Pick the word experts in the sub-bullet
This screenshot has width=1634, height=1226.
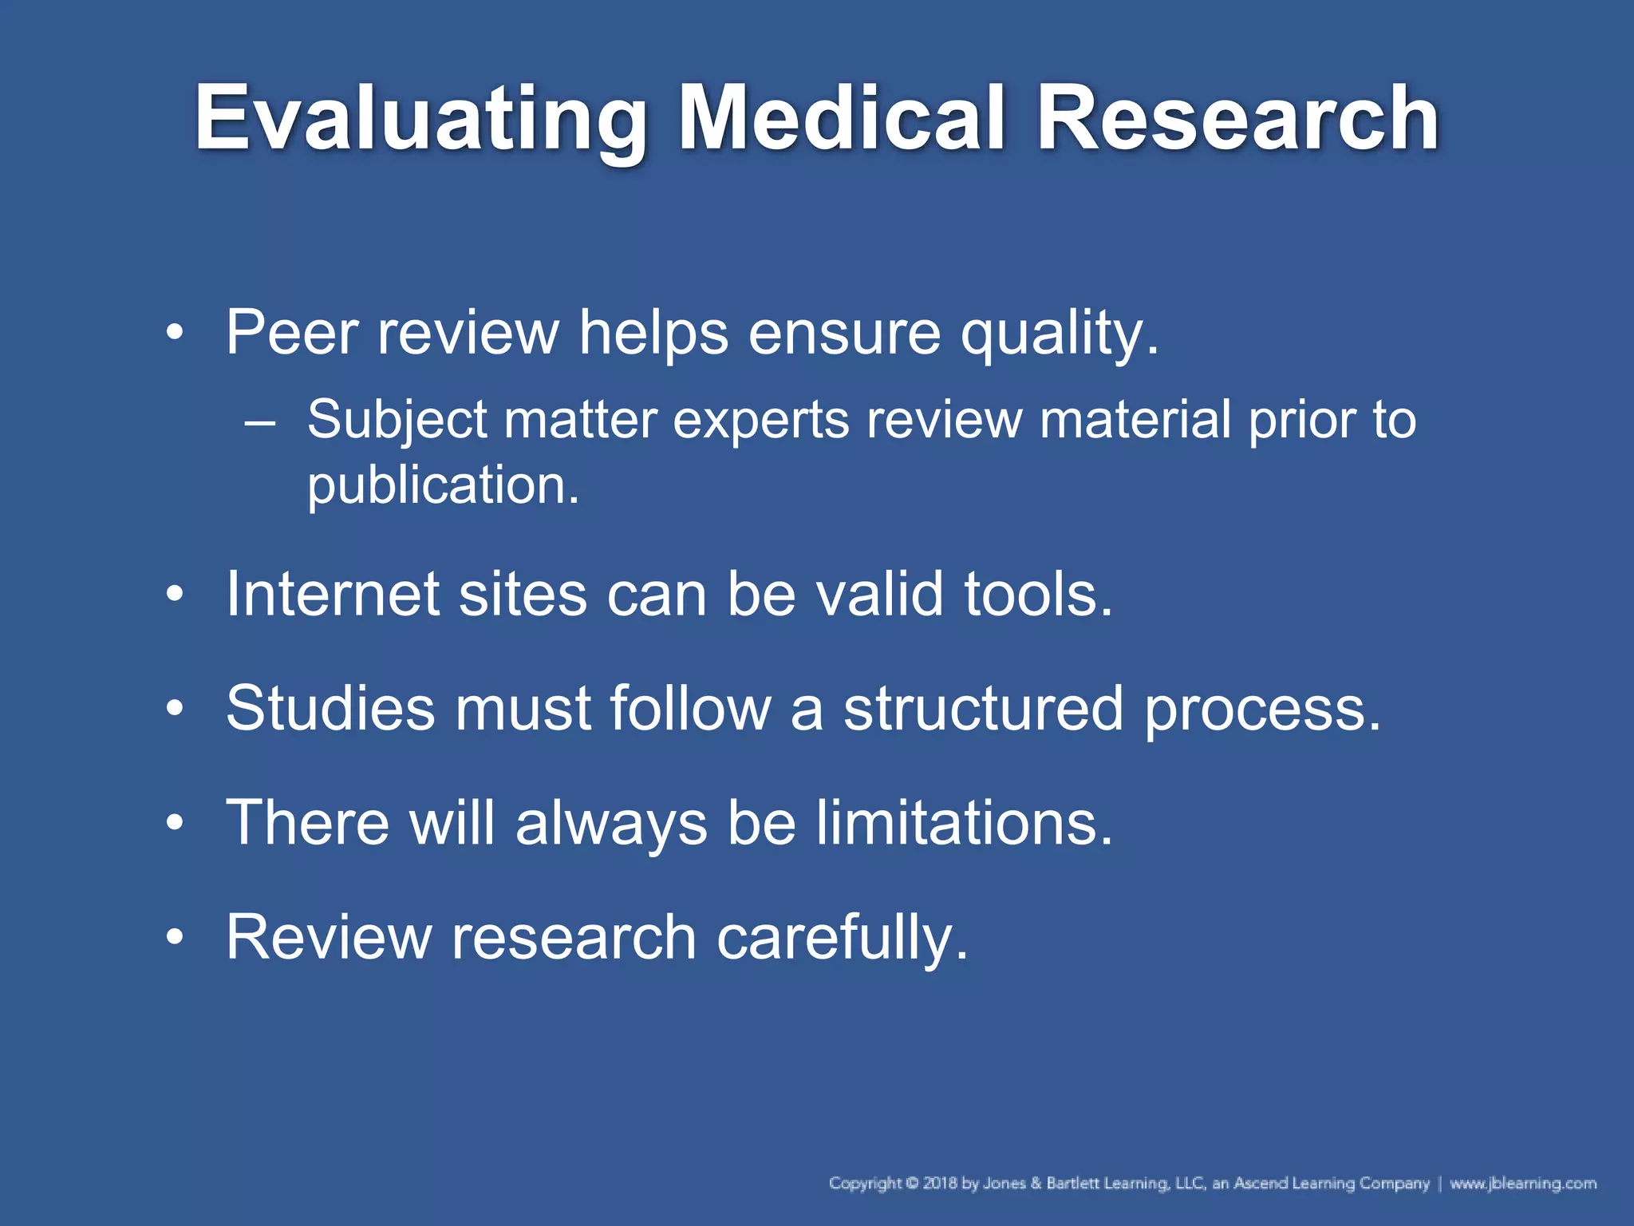click(x=761, y=421)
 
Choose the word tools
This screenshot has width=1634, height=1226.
click(x=1037, y=594)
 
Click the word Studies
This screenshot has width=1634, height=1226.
click(x=330, y=708)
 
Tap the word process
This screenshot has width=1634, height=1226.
click(x=1261, y=710)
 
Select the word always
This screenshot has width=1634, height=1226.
click(x=611, y=823)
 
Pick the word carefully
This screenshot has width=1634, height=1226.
click(x=842, y=937)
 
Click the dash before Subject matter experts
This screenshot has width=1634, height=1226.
click(x=260, y=421)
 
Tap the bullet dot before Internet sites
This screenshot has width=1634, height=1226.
click(x=175, y=595)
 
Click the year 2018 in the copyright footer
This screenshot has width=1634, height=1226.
click(x=940, y=1183)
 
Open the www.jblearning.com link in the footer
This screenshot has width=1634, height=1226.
click(x=1522, y=1183)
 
